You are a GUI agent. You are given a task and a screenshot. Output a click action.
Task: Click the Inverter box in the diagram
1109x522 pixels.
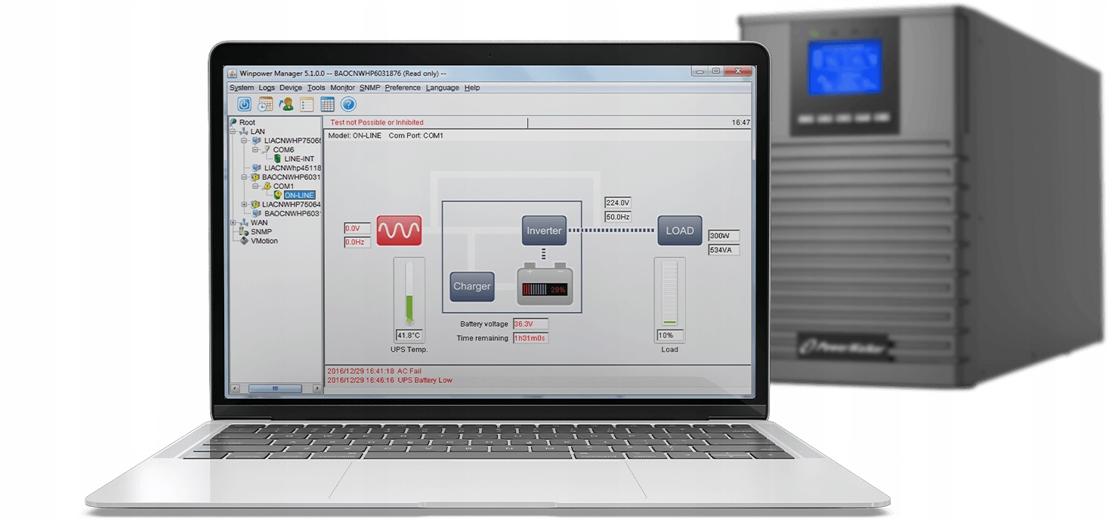tap(544, 230)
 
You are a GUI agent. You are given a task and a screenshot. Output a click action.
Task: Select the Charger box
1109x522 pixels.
tap(472, 286)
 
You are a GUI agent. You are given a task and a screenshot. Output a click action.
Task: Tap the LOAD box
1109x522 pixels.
tap(679, 230)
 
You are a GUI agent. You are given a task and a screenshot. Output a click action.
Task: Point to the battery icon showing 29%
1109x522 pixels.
tap(545, 288)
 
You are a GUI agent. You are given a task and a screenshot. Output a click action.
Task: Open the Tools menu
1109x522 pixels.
tap(316, 88)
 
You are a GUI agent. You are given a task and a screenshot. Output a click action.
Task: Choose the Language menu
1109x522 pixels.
tap(442, 88)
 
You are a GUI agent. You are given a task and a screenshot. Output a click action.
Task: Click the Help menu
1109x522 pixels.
tap(472, 88)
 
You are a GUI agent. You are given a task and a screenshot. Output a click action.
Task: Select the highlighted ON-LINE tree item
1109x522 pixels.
tap(299, 195)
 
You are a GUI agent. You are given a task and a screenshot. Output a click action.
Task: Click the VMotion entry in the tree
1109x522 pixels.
tap(264, 241)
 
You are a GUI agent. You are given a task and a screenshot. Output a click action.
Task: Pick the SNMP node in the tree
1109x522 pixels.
tap(261, 232)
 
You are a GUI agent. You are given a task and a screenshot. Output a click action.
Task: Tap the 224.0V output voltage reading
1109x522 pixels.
tap(618, 202)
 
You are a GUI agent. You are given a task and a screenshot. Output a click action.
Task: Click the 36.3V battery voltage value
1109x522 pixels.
tap(524, 323)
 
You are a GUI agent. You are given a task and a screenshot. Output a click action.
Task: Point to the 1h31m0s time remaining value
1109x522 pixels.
tap(530, 338)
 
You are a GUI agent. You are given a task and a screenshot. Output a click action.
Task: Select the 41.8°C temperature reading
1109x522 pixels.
tap(409, 335)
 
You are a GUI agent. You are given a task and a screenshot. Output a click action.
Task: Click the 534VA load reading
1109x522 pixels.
tap(724, 249)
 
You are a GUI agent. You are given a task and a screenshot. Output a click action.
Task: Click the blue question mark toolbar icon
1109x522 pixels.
tap(348, 104)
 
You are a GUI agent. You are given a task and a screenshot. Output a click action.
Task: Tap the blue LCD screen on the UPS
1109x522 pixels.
tap(845, 67)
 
